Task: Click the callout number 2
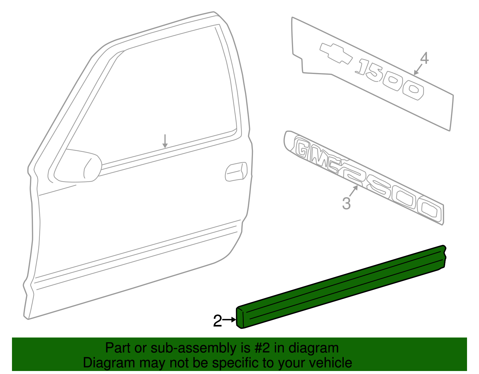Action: pos(217,321)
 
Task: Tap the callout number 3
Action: pos(346,204)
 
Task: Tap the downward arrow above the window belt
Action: pos(165,141)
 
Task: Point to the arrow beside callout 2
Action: pos(230,320)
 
